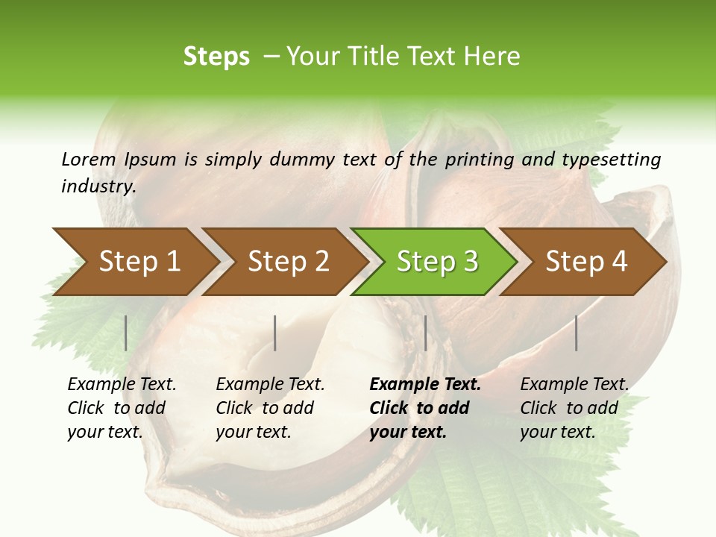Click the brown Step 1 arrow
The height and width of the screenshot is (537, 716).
click(x=138, y=262)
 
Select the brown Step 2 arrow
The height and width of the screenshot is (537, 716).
click(x=287, y=262)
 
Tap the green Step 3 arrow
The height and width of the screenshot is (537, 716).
click(x=436, y=262)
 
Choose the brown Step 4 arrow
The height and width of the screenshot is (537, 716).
click(x=585, y=262)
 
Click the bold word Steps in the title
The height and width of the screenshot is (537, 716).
click(x=216, y=57)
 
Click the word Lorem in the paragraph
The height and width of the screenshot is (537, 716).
click(x=89, y=159)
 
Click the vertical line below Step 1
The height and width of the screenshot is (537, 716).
click(x=126, y=333)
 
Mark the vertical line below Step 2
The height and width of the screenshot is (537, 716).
click(x=275, y=333)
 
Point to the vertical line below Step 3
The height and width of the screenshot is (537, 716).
click(x=425, y=333)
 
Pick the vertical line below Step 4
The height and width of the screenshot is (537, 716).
click(x=576, y=333)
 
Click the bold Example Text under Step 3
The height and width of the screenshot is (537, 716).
click(x=425, y=385)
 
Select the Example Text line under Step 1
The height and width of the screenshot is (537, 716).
click(x=122, y=385)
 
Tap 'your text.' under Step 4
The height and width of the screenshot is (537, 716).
click(x=557, y=432)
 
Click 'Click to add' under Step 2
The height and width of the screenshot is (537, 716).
click(x=265, y=409)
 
